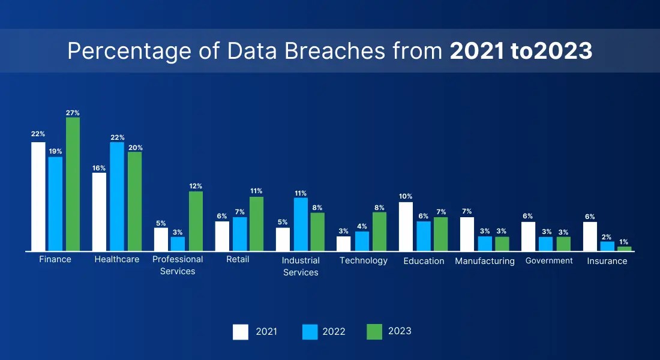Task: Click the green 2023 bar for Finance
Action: coord(73,184)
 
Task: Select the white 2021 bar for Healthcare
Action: coord(99,212)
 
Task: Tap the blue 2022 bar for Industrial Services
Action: coord(301,224)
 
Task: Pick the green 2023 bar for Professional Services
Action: coord(196,221)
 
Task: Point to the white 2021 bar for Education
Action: coord(406,227)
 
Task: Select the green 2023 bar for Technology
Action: coord(379,232)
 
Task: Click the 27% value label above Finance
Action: coord(73,113)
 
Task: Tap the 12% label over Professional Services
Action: coord(196,186)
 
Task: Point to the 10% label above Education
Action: coord(406,196)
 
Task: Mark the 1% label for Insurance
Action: coord(624,242)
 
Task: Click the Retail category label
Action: coord(238,259)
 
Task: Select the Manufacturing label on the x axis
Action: coord(485,261)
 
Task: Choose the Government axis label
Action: coord(549,260)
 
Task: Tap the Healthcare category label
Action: coord(117,259)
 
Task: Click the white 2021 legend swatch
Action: coord(241,332)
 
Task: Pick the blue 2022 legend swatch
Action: coord(310,332)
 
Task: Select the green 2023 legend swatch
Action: coord(374,332)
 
